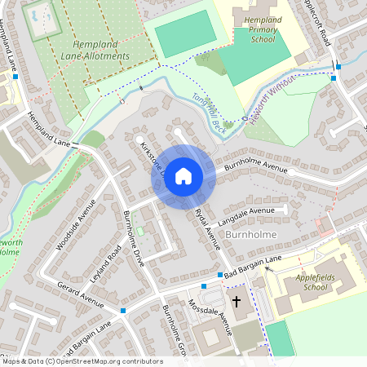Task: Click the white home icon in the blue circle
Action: tap(183, 175)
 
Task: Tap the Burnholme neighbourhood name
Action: tap(254, 234)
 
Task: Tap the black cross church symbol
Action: tap(237, 302)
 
